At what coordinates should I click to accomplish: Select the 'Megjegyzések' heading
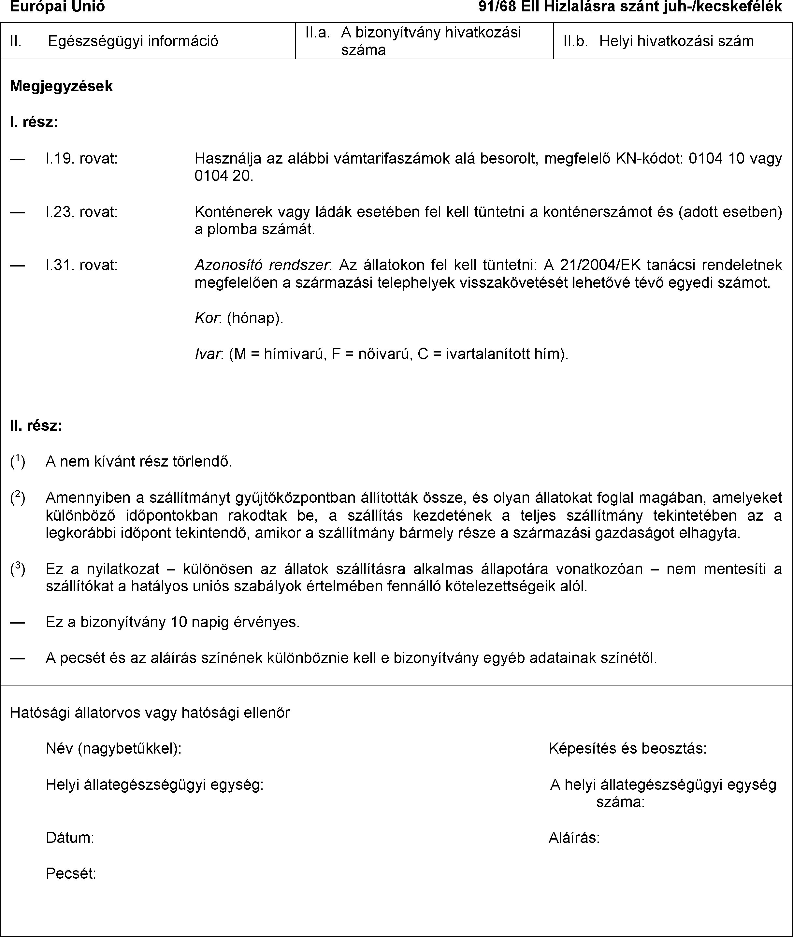coord(61,86)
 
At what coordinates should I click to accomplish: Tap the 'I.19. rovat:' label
coord(81,158)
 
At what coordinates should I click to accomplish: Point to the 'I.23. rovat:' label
coord(81,211)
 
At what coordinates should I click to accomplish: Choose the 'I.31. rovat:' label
coord(81,265)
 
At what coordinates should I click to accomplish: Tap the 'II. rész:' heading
coord(36,425)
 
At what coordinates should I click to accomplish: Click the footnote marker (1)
coord(18,461)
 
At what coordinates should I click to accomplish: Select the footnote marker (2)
coord(18,497)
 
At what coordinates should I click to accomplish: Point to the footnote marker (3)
coord(18,569)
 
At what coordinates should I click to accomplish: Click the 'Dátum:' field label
coord(70,838)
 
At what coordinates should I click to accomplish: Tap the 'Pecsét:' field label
coord(71,873)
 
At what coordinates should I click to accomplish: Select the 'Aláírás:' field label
coord(574,838)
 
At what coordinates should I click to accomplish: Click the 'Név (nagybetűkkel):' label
coord(114,748)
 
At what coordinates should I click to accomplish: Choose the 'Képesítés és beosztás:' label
coord(627,748)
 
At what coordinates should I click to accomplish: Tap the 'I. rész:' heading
coord(34,122)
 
